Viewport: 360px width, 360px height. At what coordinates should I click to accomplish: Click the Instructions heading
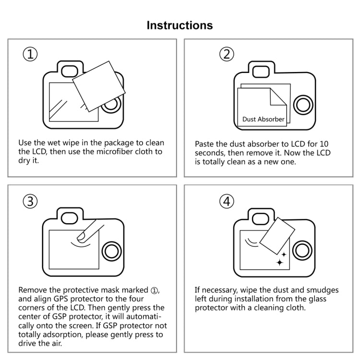click(180, 25)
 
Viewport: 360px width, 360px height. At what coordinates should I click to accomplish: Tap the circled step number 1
click(30, 54)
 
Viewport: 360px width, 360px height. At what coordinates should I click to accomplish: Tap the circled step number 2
click(227, 54)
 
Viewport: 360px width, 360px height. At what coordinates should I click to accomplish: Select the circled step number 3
click(30, 202)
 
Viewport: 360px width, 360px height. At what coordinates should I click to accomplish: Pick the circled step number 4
click(227, 202)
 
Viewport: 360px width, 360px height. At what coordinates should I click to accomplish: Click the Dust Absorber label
click(263, 119)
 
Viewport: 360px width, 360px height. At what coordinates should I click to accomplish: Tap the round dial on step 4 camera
click(302, 251)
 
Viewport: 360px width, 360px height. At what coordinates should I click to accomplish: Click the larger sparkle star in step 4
click(280, 262)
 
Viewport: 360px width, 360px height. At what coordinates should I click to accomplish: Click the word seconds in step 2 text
click(209, 153)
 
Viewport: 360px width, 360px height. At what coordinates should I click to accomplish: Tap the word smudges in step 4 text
click(322, 290)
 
